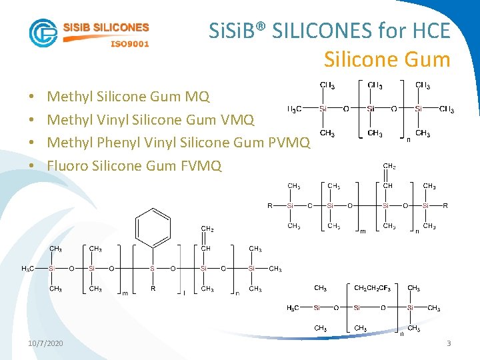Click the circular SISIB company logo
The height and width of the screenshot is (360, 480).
[43, 33]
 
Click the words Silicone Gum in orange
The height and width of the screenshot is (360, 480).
[387, 60]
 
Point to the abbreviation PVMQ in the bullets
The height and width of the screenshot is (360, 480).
[289, 143]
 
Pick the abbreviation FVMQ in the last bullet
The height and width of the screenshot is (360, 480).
[201, 165]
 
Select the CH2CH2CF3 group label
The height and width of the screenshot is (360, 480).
[372, 288]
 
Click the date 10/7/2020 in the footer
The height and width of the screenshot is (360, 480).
[46, 343]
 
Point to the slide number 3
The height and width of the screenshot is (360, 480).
[449, 343]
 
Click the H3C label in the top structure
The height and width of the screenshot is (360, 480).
[294, 109]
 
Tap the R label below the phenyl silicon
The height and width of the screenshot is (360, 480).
[153, 289]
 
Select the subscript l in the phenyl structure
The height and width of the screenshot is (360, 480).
[184, 293]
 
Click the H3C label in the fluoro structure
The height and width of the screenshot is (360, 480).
[293, 308]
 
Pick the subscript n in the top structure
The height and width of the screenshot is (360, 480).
[408, 140]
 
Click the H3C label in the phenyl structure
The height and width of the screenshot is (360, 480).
[28, 269]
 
